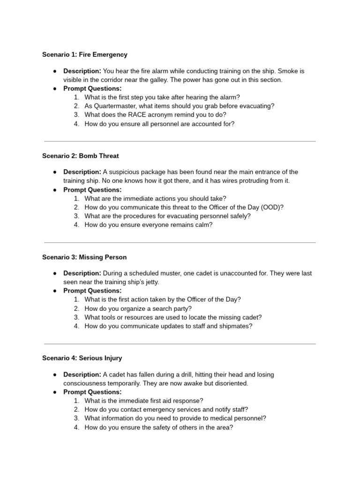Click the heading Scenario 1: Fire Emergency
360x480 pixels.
click(85, 54)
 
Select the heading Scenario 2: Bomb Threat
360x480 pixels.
click(80, 156)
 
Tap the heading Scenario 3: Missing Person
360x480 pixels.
click(84, 257)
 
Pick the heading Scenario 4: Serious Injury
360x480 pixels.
click(82, 358)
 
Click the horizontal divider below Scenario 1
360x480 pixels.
click(180, 141)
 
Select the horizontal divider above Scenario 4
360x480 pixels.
click(180, 344)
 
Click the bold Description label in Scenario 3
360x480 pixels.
click(82, 273)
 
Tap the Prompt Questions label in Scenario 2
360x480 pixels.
click(92, 190)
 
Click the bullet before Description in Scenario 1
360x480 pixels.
click(55, 71)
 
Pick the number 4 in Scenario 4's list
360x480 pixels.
click(76, 428)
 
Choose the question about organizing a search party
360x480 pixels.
click(138, 308)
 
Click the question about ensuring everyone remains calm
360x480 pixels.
click(148, 225)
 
